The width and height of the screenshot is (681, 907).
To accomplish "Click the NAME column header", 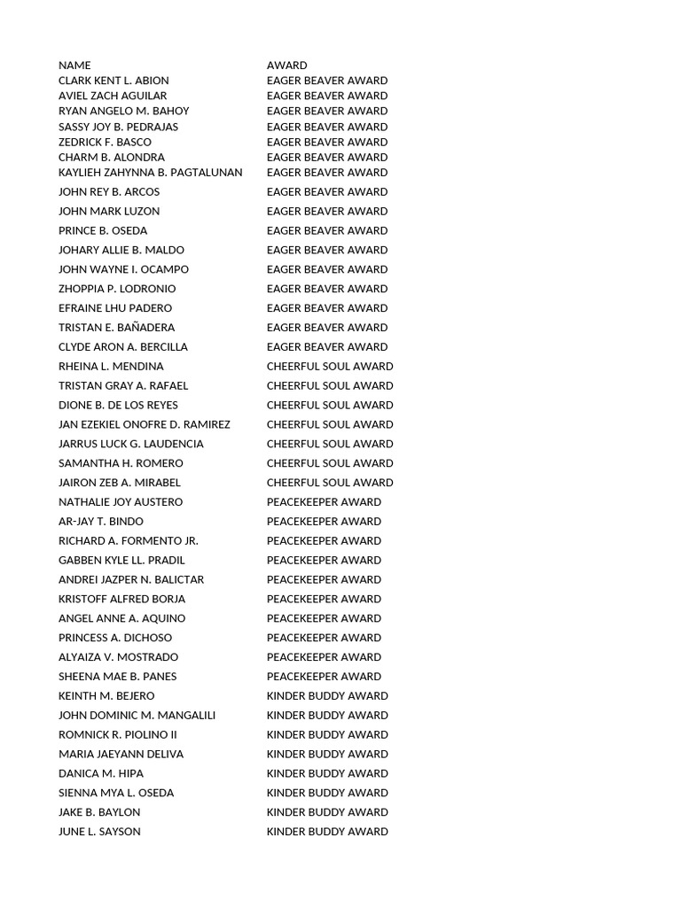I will pyautogui.click(x=74, y=66).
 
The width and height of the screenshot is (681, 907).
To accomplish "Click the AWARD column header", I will pyautogui.click(x=287, y=66).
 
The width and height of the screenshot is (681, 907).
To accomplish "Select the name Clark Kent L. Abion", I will pyautogui.click(x=113, y=81).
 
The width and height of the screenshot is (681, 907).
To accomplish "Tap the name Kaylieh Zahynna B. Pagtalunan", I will pyautogui.click(x=150, y=173).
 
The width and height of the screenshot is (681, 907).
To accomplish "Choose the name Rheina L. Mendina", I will pyautogui.click(x=111, y=367).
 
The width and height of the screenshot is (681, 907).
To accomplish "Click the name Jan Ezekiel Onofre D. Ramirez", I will pyautogui.click(x=145, y=425).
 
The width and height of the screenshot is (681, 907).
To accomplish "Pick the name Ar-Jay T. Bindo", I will pyautogui.click(x=101, y=522).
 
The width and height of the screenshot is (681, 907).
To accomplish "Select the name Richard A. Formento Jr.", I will pyautogui.click(x=129, y=541).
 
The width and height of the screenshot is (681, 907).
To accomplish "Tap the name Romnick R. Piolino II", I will pyautogui.click(x=118, y=735).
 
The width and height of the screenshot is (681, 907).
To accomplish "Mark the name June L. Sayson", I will pyautogui.click(x=99, y=832).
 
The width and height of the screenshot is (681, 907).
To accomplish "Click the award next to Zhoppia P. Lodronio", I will pyautogui.click(x=327, y=289).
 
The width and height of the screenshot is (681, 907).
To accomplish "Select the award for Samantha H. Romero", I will pyautogui.click(x=330, y=463).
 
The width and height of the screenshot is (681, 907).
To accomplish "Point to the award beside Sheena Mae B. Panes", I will pyautogui.click(x=324, y=677).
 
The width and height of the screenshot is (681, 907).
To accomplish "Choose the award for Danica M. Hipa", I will pyautogui.click(x=327, y=774).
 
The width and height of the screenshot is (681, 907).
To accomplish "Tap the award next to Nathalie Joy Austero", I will pyautogui.click(x=324, y=502).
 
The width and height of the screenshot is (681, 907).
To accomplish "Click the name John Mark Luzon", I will pyautogui.click(x=109, y=212).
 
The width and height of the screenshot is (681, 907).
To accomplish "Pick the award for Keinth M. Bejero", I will pyautogui.click(x=327, y=696).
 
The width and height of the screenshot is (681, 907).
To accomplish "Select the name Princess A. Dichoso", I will pyautogui.click(x=115, y=638).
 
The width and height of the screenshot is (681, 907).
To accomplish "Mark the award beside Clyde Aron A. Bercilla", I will pyautogui.click(x=327, y=347).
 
